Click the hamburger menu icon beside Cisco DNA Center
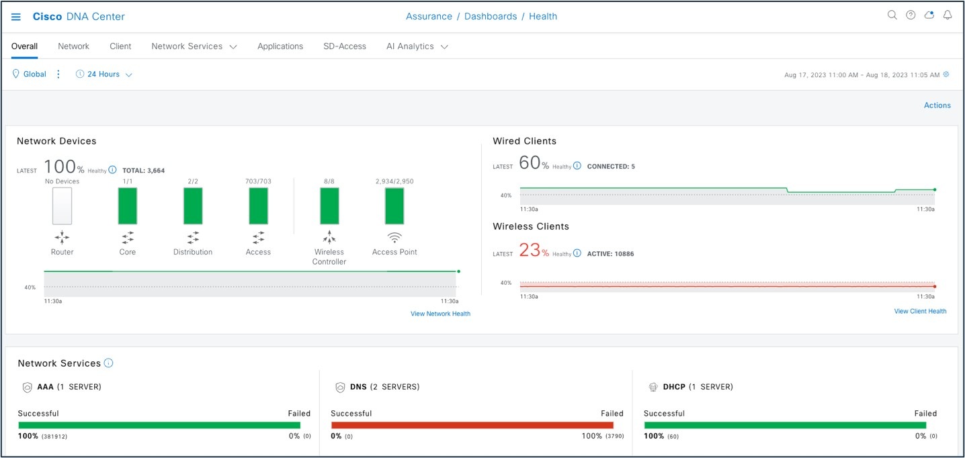click(16, 17)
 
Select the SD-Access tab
click(344, 46)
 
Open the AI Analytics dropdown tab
click(417, 46)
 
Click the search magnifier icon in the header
click(892, 15)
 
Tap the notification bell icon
click(948, 15)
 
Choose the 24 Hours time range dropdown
click(104, 75)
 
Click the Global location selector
click(30, 75)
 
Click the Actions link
click(937, 105)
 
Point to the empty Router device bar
click(62, 206)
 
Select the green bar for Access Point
click(394, 206)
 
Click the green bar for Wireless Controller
click(329, 206)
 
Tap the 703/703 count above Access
click(258, 181)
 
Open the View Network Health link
click(440, 314)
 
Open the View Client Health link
click(920, 311)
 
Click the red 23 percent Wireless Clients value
click(530, 250)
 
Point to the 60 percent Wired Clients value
click(530, 163)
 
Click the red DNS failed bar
click(472, 425)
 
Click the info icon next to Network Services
click(109, 363)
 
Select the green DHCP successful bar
click(785, 425)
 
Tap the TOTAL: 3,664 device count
click(143, 171)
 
